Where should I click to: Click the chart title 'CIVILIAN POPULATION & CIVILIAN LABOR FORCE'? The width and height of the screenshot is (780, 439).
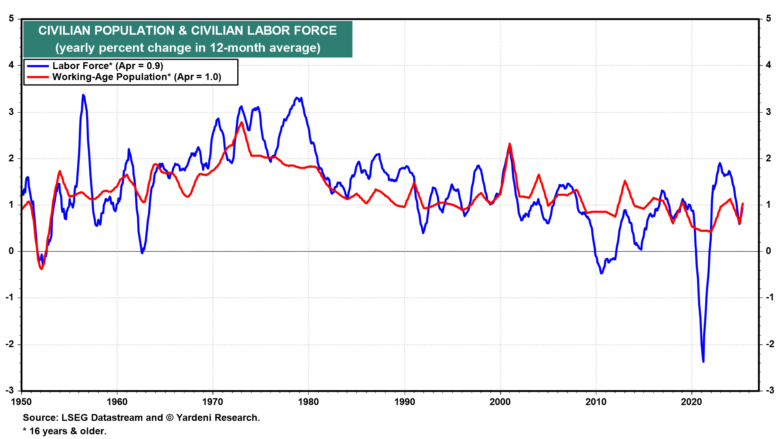click(187, 30)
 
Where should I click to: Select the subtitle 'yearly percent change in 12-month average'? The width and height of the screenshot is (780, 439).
click(188, 48)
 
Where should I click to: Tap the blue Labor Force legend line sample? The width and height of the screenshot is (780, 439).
click(38, 66)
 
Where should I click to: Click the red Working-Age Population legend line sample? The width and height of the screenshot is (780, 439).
click(38, 77)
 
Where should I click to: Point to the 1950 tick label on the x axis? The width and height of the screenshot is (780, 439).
click(21, 402)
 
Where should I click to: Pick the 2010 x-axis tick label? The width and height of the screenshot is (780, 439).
click(596, 402)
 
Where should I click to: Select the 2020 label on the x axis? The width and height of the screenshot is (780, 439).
click(691, 402)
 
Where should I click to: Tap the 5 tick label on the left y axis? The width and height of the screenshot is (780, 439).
click(11, 19)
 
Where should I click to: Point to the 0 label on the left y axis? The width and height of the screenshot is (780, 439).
click(11, 251)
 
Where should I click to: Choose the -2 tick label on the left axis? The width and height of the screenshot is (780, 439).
click(10, 344)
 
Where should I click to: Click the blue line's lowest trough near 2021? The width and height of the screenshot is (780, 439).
click(703, 361)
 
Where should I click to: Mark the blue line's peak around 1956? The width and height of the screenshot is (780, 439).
click(83, 95)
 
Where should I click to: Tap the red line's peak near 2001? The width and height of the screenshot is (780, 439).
click(509, 144)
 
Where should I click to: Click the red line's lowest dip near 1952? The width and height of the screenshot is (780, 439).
click(41, 269)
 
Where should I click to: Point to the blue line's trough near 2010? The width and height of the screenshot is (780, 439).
click(601, 273)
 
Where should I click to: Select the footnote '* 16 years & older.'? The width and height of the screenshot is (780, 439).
click(65, 431)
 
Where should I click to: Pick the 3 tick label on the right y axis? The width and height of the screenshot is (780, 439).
click(768, 112)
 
